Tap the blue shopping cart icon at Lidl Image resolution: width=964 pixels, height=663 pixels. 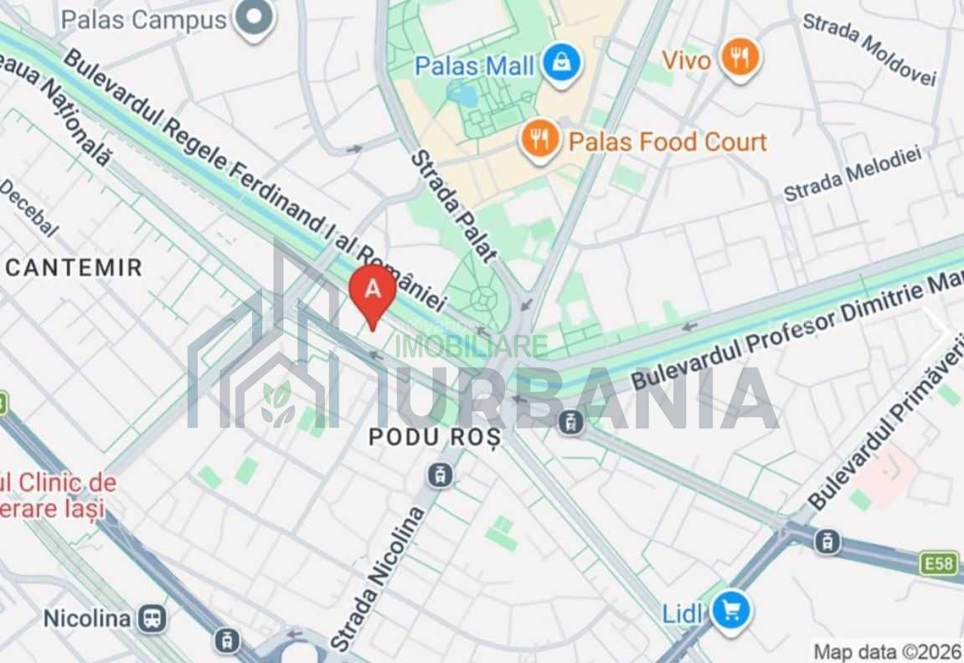click(x=730, y=612)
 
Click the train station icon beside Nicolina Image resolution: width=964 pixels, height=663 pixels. click(x=153, y=619)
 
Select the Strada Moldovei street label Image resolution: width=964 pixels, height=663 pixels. click(x=869, y=49)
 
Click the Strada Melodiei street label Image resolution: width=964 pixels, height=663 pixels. click(x=852, y=174)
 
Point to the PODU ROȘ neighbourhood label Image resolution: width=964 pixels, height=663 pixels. click(x=435, y=436)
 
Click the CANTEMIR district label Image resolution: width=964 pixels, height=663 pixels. click(x=74, y=268)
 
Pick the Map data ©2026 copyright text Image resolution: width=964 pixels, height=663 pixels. click(x=886, y=650)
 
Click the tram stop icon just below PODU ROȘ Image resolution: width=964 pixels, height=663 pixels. click(x=440, y=475)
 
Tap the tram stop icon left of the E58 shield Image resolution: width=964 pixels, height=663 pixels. click(x=827, y=542)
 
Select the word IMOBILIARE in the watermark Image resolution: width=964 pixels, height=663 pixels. click(x=472, y=346)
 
